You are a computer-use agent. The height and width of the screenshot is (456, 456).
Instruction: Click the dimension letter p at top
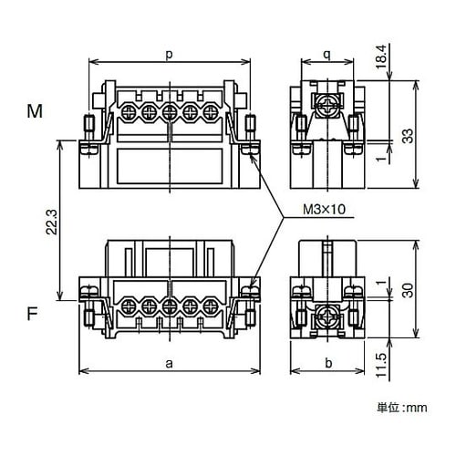(x=169, y=56)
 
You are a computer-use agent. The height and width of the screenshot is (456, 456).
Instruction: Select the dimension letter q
(x=327, y=56)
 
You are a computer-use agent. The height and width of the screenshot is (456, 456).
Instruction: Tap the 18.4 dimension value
(x=381, y=57)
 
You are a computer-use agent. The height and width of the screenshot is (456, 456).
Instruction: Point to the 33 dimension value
(x=408, y=136)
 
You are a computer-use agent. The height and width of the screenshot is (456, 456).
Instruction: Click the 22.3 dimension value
(x=52, y=222)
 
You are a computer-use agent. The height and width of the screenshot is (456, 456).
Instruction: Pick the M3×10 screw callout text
(x=325, y=210)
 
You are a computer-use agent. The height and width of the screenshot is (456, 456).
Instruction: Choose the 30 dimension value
(x=408, y=290)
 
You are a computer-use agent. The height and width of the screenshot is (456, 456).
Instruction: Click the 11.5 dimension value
(x=382, y=365)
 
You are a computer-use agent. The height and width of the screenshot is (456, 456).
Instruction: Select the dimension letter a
(x=169, y=363)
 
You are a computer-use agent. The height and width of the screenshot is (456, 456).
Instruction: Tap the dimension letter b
(x=328, y=363)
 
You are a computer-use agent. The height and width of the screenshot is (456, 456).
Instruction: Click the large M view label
(x=35, y=111)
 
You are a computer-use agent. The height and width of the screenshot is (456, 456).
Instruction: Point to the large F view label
(x=33, y=313)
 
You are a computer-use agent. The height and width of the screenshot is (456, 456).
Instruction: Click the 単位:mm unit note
(x=402, y=408)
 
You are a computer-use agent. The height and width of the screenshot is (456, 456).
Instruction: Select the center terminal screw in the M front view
(x=169, y=113)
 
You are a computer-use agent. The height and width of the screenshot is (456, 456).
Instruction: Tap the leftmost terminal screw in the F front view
(x=128, y=306)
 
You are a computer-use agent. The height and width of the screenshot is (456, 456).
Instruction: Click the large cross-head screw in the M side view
(x=327, y=107)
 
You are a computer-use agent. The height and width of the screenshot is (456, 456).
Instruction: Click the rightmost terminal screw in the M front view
(x=210, y=113)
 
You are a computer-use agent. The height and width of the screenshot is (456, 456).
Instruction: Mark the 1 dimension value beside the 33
(x=381, y=159)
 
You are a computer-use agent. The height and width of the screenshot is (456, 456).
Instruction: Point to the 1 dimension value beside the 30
(x=381, y=283)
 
